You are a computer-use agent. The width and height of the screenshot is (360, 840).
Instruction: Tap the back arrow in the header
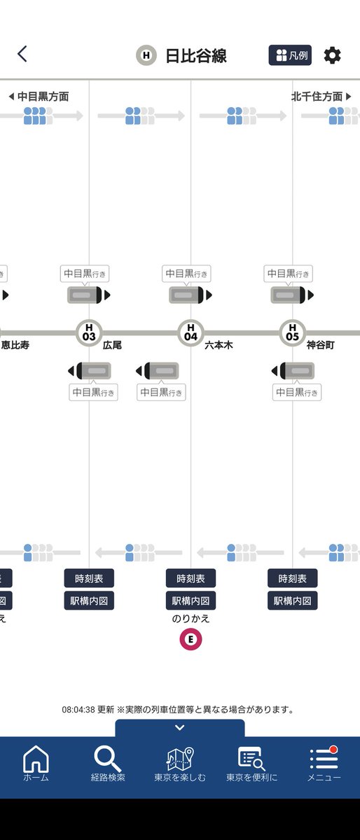pos(22,54)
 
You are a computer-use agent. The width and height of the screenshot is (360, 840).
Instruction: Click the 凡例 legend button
pos(290,55)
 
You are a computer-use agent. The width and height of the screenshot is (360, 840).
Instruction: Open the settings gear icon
pos(332,55)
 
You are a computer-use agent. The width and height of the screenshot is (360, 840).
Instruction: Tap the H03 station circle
pos(89,332)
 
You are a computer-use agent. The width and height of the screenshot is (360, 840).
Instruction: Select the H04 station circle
pos(191,332)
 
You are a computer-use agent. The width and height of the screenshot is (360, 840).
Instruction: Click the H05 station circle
pos(293,332)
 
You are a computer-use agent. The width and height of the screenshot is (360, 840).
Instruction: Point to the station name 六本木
pos(219,345)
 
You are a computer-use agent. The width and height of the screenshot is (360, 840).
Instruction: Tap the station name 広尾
pos(112,345)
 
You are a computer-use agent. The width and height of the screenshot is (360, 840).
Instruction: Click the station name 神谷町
pos(320,345)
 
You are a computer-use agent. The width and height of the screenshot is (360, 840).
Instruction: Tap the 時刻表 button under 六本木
pos(191,578)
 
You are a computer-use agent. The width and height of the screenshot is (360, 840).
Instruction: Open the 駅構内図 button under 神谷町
pos(293,601)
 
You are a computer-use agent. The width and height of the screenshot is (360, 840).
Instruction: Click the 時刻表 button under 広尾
pos(89,578)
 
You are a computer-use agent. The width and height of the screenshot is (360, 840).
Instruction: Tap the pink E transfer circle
pos(191,639)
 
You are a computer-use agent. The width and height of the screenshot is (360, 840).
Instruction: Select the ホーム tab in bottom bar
pos(36,764)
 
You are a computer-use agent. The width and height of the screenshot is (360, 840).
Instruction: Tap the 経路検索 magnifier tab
pos(108,764)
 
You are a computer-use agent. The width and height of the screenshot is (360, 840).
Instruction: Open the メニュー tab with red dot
pos(324,764)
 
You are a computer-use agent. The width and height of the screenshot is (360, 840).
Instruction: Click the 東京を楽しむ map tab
pos(180,764)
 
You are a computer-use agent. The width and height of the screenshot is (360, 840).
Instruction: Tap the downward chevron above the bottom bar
pos(180,728)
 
